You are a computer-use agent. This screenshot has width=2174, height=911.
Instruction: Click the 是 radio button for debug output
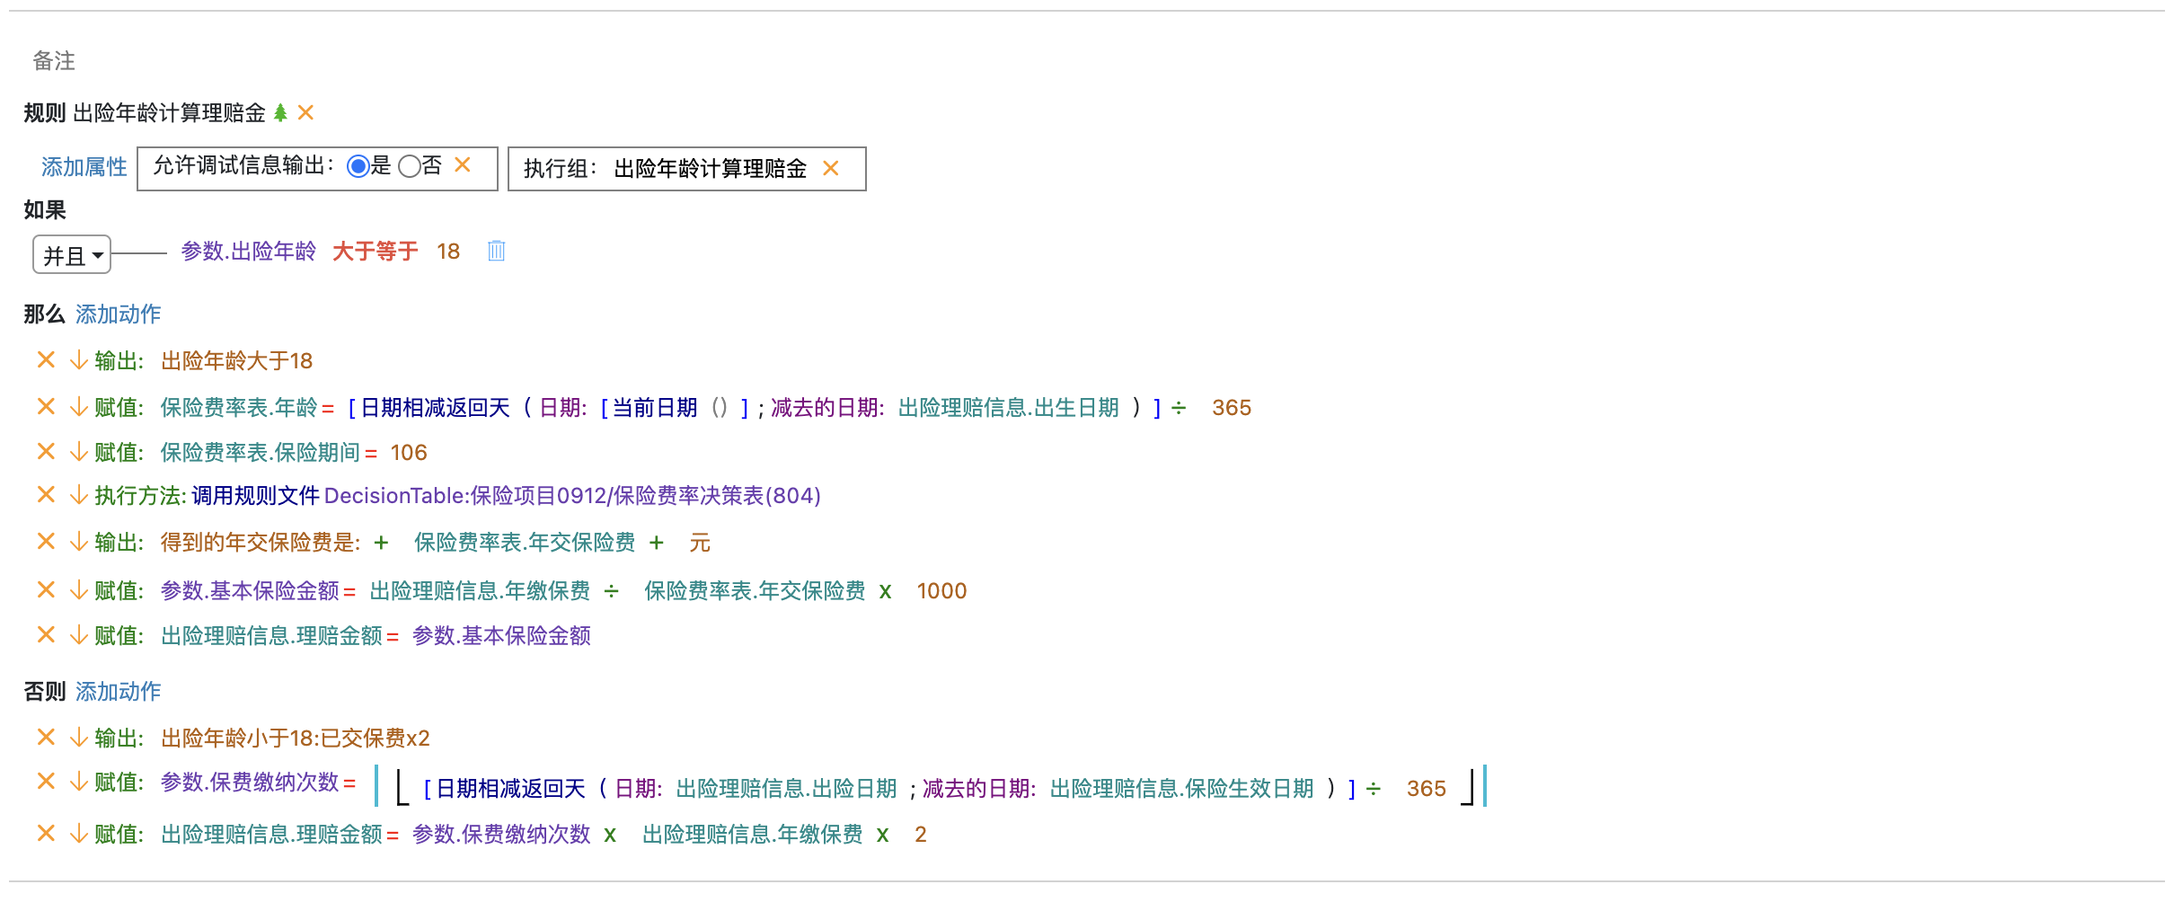click(x=358, y=166)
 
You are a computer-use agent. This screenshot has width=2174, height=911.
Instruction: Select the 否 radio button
click(x=410, y=166)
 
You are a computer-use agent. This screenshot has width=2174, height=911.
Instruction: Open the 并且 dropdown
click(x=72, y=255)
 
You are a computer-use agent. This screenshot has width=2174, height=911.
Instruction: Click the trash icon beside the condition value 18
click(x=496, y=251)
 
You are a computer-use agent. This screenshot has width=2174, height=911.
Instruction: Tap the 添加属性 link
click(x=84, y=167)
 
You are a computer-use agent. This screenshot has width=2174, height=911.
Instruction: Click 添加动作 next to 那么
click(x=118, y=314)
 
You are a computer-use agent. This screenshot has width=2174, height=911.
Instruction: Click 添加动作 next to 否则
click(x=118, y=691)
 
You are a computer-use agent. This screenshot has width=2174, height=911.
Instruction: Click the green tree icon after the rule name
click(x=280, y=112)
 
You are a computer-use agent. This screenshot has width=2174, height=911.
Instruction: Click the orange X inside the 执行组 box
click(x=831, y=168)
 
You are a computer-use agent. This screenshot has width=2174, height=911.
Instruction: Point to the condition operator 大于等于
click(x=375, y=251)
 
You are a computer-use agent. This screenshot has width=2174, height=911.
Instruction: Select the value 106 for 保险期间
click(x=409, y=452)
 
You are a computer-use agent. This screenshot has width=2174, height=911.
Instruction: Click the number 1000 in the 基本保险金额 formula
click(x=941, y=590)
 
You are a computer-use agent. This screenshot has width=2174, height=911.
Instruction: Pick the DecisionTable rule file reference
click(x=572, y=495)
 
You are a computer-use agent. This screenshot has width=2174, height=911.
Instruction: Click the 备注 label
click(x=54, y=60)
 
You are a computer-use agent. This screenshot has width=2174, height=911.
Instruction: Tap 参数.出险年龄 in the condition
click(x=249, y=251)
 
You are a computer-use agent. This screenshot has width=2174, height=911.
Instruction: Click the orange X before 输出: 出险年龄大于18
click(x=46, y=360)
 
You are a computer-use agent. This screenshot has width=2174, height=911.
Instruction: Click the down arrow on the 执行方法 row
click(x=79, y=495)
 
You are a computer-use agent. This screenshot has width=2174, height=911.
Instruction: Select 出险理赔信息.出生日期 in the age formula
click(x=1008, y=407)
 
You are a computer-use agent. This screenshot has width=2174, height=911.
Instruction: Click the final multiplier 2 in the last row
click(x=920, y=834)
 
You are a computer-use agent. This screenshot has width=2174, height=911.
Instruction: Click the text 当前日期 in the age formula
click(x=655, y=407)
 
